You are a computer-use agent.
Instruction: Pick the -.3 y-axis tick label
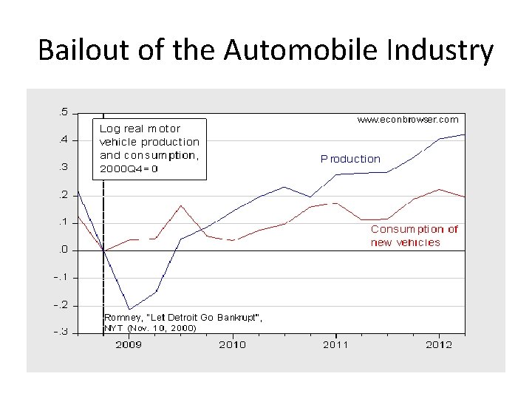click(x=61, y=332)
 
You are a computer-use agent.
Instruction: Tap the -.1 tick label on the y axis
click(x=61, y=277)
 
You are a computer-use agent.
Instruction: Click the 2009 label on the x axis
click(x=129, y=344)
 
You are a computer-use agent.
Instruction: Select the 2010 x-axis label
click(x=233, y=344)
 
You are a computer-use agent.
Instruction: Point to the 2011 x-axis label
click(x=336, y=344)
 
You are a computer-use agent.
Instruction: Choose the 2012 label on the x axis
click(x=440, y=344)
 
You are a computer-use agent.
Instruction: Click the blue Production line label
click(x=350, y=159)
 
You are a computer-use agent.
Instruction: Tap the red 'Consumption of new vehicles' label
click(x=414, y=236)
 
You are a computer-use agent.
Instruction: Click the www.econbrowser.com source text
click(x=407, y=119)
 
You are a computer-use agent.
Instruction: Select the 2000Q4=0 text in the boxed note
click(x=129, y=168)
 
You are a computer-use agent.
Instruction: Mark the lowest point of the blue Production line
click(x=129, y=309)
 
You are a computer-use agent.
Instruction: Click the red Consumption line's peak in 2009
click(x=181, y=205)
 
